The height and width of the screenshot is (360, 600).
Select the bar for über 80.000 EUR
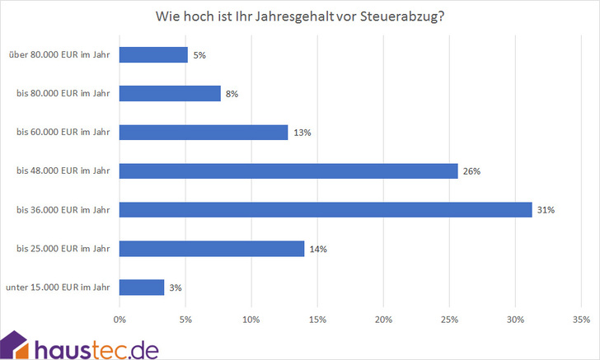point(153,55)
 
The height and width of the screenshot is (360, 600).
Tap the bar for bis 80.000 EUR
point(170,94)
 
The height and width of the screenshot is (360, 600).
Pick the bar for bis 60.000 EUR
point(204,133)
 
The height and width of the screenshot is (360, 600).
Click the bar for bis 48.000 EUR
point(288,171)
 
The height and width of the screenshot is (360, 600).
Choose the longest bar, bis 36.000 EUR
point(326,210)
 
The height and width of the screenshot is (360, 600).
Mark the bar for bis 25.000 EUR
point(212,249)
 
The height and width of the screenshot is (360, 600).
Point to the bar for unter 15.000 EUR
point(142,288)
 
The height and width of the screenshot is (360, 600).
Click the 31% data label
point(546,210)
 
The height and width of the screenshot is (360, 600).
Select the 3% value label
point(175,288)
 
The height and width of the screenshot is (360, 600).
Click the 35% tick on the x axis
point(580,319)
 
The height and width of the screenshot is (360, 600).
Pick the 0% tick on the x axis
point(120,319)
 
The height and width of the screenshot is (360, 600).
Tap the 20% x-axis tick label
point(383,319)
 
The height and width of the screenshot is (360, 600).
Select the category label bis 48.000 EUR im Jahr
point(63,171)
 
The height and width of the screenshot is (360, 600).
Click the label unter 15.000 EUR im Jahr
point(58,288)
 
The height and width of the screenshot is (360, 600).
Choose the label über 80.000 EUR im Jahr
point(59,55)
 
